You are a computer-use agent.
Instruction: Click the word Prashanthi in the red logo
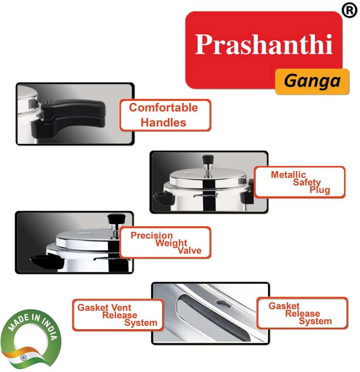pyautogui.click(x=263, y=44)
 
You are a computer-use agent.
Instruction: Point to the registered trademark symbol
pyautogui.click(x=349, y=10)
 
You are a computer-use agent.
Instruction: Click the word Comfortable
pyautogui.click(x=164, y=108)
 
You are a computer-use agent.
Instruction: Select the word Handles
pyautogui.click(x=164, y=122)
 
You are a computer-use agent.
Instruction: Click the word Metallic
pyautogui.click(x=288, y=175)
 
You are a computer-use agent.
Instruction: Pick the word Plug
pyautogui.click(x=320, y=190)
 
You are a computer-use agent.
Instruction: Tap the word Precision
pyautogui.click(x=152, y=235)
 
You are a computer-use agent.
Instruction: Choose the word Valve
pyautogui.click(x=190, y=251)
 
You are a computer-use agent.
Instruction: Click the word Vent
pyautogui.click(x=121, y=307)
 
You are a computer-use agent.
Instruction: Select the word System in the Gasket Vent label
pyautogui.click(x=141, y=323)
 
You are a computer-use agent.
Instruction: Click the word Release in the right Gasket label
pyautogui.click(x=302, y=313)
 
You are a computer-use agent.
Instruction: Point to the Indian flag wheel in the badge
pyautogui.click(x=23, y=357)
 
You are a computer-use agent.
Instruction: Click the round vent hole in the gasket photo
pyautogui.click(x=223, y=304)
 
